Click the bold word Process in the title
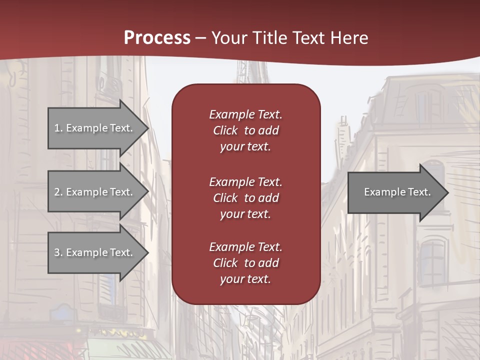click(157, 38)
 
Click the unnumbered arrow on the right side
click(395, 192)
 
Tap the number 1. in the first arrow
click(58, 128)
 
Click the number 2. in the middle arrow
click(58, 192)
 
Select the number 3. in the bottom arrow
click(58, 252)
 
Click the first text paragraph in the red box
click(245, 130)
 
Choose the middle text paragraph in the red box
click(245, 198)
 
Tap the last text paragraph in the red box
click(245, 263)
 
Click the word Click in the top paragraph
click(225, 130)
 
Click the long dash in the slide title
click(201, 38)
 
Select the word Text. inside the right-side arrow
click(418, 192)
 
